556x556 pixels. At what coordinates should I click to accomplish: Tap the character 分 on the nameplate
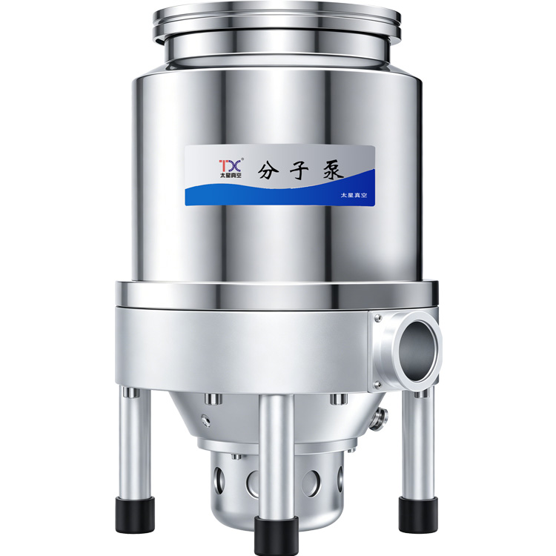tap(269, 171)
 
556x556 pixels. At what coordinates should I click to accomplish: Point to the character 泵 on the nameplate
tap(331, 171)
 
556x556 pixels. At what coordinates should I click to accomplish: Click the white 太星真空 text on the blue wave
tap(354, 195)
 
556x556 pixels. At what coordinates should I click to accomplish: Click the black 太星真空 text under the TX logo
tap(231, 176)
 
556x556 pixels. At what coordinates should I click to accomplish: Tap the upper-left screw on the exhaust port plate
tap(378, 318)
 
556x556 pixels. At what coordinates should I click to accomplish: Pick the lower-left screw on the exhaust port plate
tap(378, 384)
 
